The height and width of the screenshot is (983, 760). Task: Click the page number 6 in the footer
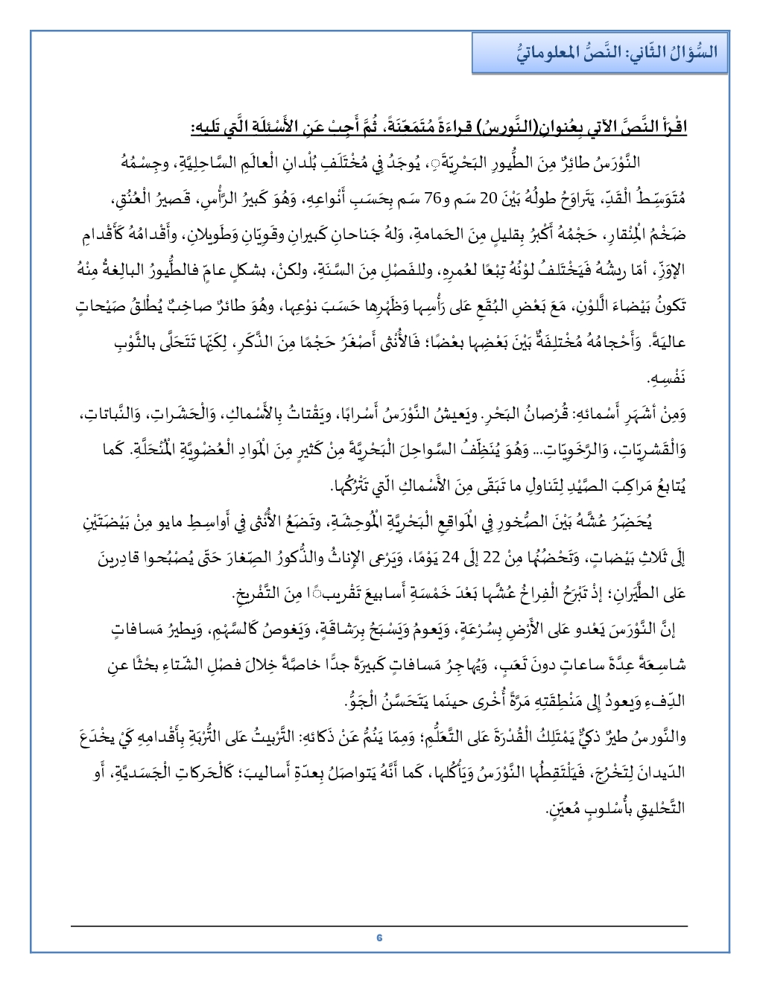pos(379,937)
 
